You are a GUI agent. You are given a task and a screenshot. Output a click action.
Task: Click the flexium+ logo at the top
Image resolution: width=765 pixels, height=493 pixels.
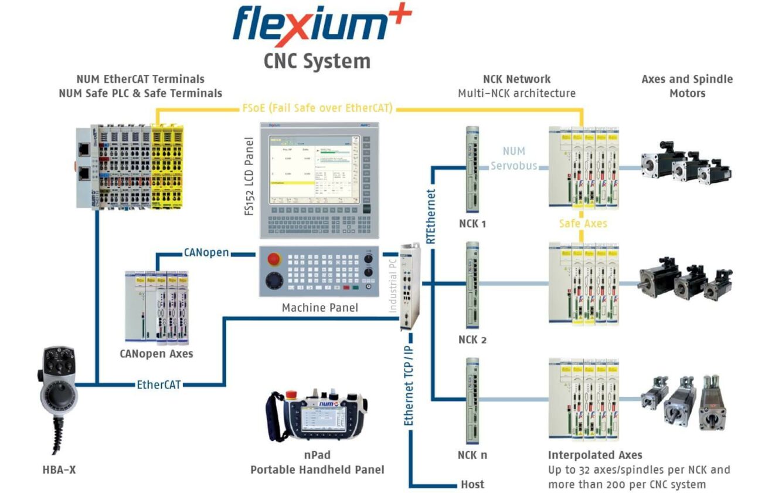(x=322, y=26)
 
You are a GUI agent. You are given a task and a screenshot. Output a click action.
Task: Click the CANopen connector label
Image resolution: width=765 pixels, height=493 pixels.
(x=205, y=254)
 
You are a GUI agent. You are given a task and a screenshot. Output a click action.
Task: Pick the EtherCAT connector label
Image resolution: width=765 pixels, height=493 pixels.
(x=158, y=385)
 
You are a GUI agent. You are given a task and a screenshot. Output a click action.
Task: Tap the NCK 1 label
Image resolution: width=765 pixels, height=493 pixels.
(x=472, y=224)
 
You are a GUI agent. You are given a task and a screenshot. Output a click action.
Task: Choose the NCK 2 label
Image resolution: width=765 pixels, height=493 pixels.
(x=472, y=340)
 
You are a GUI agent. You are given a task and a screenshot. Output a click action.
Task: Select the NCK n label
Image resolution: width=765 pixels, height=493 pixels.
(x=472, y=455)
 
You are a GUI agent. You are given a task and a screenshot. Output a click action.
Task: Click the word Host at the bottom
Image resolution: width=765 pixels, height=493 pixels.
(x=472, y=484)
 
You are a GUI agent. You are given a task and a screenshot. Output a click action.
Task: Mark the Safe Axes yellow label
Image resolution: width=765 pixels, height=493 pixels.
(x=583, y=224)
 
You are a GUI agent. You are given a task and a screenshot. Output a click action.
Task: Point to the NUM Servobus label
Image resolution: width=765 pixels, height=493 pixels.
(x=514, y=158)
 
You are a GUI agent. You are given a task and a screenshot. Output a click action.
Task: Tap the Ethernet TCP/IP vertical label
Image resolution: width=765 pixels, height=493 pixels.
(x=409, y=379)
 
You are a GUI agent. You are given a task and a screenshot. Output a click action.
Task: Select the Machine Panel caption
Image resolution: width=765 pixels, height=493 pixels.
(x=319, y=308)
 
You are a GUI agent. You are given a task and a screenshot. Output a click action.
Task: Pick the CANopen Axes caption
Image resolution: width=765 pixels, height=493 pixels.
(x=157, y=353)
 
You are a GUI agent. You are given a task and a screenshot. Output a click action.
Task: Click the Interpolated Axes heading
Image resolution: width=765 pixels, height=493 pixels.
(x=595, y=455)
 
